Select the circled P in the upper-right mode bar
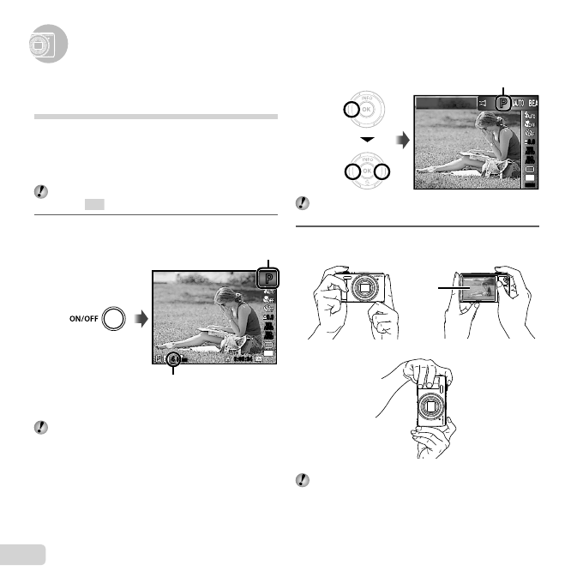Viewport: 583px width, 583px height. pos(502,103)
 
